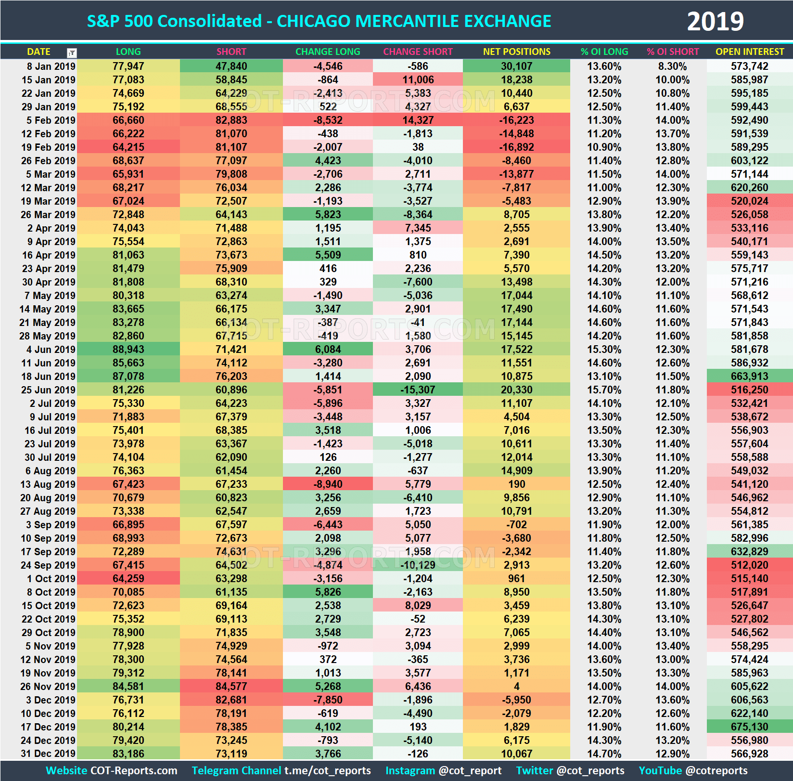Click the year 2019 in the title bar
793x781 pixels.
pyautogui.click(x=715, y=22)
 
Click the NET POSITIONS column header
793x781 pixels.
pyautogui.click(x=516, y=52)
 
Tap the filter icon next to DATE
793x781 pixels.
pyautogui.click(x=72, y=52)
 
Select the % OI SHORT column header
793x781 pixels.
pyautogui.click(x=672, y=52)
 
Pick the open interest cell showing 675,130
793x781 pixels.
pyautogui.click(x=749, y=727)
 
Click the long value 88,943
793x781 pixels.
pyautogui.click(x=128, y=350)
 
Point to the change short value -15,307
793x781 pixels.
pyautogui.click(x=418, y=390)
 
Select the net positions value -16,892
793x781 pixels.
pyautogui.click(x=516, y=147)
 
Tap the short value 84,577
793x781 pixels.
pyautogui.click(x=231, y=687)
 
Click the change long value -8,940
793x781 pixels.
pyautogui.click(x=328, y=484)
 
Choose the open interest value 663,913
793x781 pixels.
pyautogui.click(x=749, y=377)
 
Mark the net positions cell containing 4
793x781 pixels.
pyautogui.click(x=516, y=687)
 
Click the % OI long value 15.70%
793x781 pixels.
pyautogui.click(x=604, y=390)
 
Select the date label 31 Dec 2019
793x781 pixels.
pyautogui.click(x=48, y=754)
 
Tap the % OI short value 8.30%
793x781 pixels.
pyautogui.click(x=672, y=66)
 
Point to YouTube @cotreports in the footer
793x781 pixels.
pyautogui.click(x=693, y=771)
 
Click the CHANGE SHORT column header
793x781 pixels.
pyautogui.click(x=418, y=52)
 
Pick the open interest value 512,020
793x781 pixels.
pyautogui.click(x=749, y=565)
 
